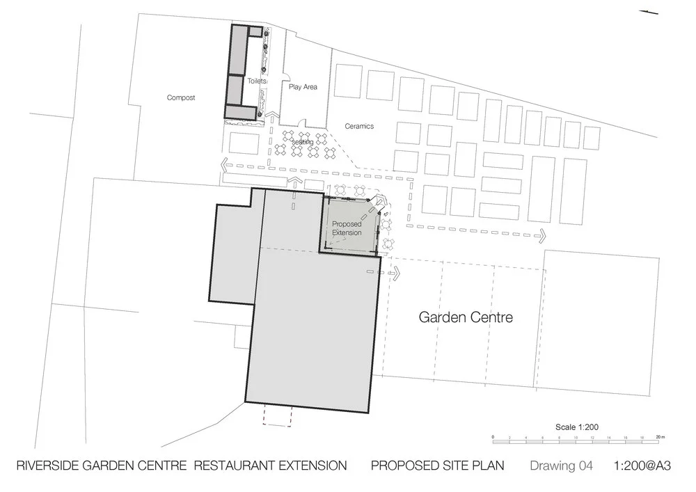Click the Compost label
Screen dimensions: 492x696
point(181,98)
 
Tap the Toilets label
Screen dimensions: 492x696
point(257,81)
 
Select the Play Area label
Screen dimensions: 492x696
point(303,87)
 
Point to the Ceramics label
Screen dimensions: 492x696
point(360,126)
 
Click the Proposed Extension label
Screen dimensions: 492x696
point(347,228)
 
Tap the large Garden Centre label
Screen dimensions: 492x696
point(466,317)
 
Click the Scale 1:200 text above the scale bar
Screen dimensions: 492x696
point(577,427)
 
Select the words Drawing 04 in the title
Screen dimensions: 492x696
point(561,466)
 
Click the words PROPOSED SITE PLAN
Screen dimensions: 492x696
point(437,466)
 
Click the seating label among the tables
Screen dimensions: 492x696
point(302,142)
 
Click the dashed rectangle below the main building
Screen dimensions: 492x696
point(277,415)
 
